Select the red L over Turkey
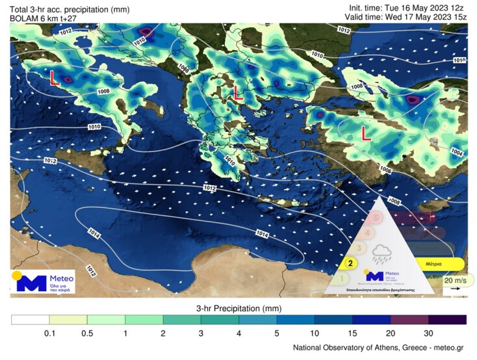pos(367,133)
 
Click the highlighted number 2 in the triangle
pos(350,264)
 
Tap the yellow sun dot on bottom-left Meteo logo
pos(18,274)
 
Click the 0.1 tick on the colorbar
pos(49,332)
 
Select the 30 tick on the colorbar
pos(428,332)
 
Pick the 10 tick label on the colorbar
pos(315,332)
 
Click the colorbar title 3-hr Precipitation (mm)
pos(238,307)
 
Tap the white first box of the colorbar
pos(31,320)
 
